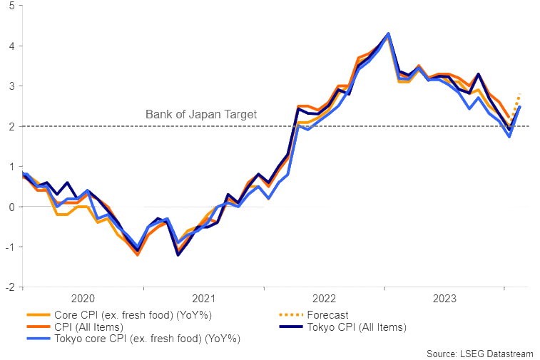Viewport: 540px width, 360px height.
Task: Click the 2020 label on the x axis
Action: pyautogui.click(x=83, y=299)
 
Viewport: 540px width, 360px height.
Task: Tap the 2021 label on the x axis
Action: pyautogui.click(x=204, y=299)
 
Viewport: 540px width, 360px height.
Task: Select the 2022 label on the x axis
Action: pyautogui.click(x=325, y=299)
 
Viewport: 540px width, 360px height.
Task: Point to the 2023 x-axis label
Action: pyautogui.click(x=445, y=299)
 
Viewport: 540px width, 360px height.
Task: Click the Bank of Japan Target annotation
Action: pyautogui.click(x=201, y=114)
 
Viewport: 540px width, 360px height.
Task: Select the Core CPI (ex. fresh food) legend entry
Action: pyautogui.click(x=133, y=314)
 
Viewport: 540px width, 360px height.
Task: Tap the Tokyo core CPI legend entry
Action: pyautogui.click(x=147, y=339)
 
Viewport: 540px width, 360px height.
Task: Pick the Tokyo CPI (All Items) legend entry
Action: pyautogui.click(x=357, y=326)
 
